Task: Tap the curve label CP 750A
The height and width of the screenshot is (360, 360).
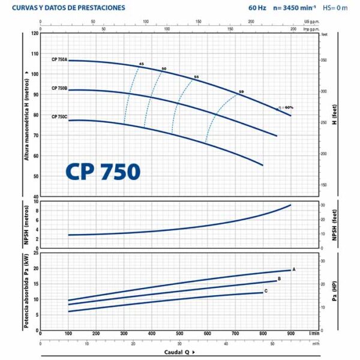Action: click(x=59, y=61)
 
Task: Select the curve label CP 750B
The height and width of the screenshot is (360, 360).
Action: click(x=59, y=89)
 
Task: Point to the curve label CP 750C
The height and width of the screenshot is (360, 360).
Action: click(x=59, y=116)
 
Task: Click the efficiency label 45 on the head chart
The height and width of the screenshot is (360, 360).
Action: click(x=142, y=64)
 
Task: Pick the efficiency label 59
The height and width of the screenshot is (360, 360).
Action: click(x=241, y=91)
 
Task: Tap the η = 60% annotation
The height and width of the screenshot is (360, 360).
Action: click(x=286, y=107)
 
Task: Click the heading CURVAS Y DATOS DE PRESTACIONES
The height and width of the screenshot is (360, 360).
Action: click(x=69, y=8)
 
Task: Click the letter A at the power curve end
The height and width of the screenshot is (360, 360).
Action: click(x=294, y=269)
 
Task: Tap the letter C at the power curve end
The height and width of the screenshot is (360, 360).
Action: click(x=266, y=291)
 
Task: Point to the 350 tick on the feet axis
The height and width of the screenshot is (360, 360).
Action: click(x=325, y=61)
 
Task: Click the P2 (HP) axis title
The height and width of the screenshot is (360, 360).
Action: click(x=334, y=291)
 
